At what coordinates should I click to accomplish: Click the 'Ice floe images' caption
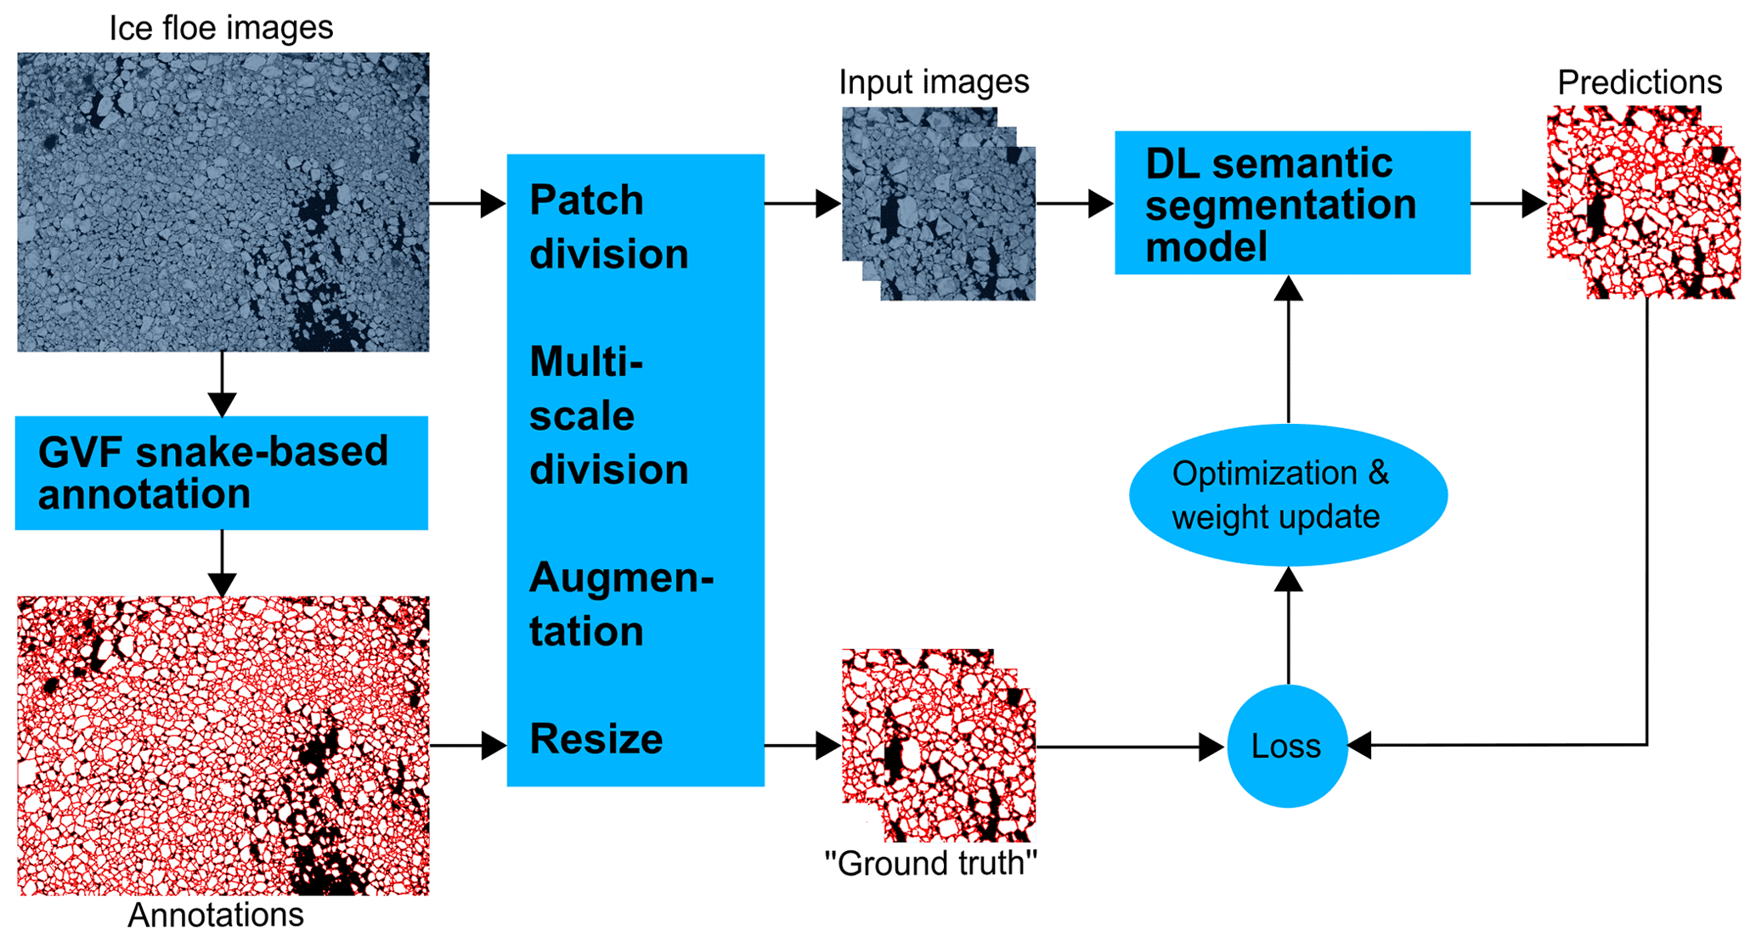tap(221, 28)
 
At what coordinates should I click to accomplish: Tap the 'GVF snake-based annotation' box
tap(221, 473)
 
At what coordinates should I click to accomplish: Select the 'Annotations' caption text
tap(216, 915)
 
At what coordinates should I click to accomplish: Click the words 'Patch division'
tap(608, 227)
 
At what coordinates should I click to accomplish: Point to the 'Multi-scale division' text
tap(608, 415)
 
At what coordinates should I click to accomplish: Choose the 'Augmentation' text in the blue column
tap(620, 604)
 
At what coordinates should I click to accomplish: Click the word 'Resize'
tap(596, 739)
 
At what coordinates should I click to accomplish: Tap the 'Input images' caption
tap(933, 82)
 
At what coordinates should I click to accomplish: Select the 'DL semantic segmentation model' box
tap(1291, 203)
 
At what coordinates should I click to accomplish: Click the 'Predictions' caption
tap(1639, 82)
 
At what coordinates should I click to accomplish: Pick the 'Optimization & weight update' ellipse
tap(1288, 495)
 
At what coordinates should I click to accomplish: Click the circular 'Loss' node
tap(1287, 746)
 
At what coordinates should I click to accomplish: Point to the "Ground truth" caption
tap(930, 863)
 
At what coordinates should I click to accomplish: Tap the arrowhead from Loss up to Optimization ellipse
tap(1289, 580)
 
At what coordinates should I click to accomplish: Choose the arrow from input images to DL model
tap(1075, 204)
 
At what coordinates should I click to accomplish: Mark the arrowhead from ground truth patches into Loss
tap(1211, 747)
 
